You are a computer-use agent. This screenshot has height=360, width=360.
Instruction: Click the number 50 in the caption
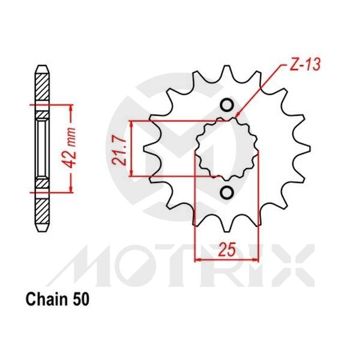82,298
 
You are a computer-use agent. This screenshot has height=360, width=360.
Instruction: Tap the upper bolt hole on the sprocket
227,106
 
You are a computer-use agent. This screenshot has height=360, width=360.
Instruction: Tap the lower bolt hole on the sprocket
227,193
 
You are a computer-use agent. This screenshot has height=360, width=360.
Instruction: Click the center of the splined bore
227,149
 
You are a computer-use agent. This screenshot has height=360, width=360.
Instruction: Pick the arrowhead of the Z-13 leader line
238,115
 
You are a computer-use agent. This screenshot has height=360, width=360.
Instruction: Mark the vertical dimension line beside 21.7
131,149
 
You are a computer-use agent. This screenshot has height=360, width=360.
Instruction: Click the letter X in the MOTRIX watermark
294,263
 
